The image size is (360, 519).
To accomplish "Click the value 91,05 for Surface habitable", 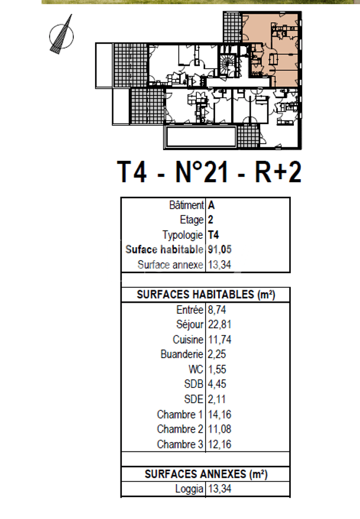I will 219,250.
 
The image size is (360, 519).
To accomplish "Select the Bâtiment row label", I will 186,206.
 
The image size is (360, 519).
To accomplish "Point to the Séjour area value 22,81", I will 220,325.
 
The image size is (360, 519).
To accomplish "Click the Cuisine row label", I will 188,339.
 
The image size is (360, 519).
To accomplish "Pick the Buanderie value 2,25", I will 217,354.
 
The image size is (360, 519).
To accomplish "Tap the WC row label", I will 195,369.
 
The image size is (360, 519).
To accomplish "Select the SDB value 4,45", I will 217,384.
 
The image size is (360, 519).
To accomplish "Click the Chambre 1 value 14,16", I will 220,414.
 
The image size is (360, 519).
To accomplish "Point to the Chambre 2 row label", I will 180,429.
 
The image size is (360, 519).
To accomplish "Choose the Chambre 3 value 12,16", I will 220,444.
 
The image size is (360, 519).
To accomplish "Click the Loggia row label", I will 189,489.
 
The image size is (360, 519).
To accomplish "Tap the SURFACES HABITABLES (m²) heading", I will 205,294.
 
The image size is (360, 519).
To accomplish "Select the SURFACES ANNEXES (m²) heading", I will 205,474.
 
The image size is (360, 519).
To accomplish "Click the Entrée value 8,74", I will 217,309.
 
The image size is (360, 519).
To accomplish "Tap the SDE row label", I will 194,399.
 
